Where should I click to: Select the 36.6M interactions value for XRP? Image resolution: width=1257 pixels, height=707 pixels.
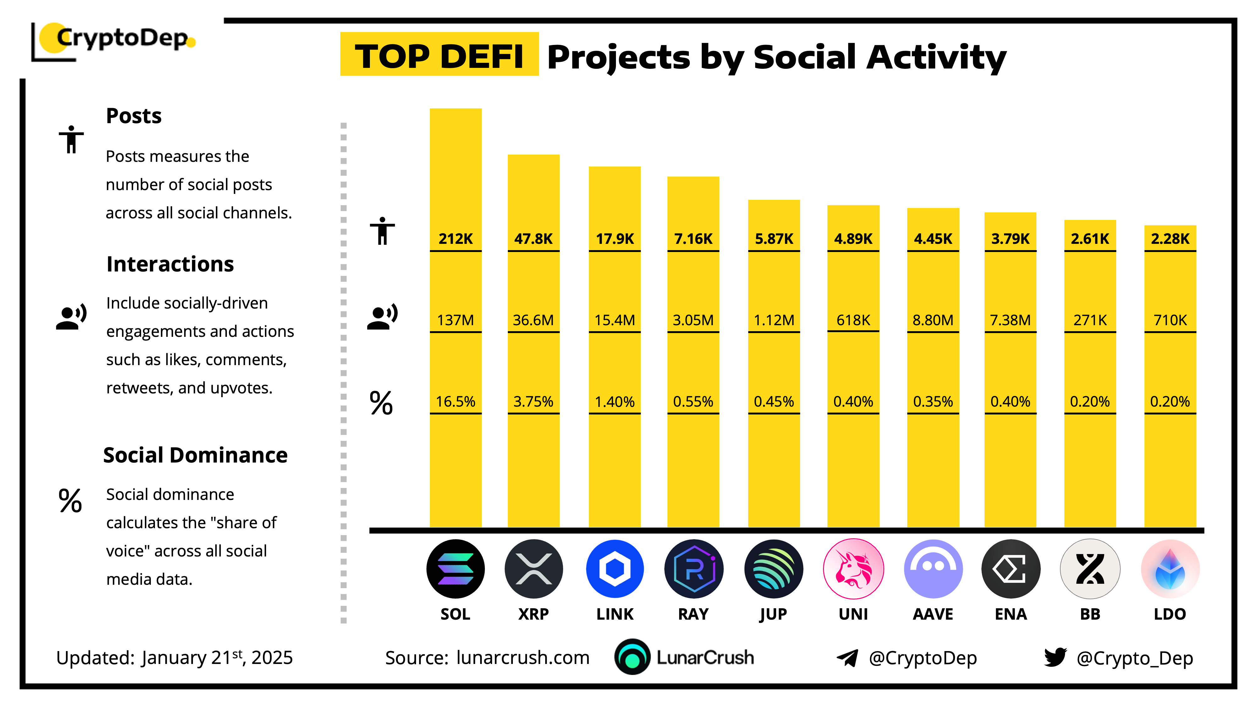533,320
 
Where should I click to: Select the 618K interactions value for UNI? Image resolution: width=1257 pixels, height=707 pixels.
853,320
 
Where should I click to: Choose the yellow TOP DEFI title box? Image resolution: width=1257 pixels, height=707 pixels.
439,55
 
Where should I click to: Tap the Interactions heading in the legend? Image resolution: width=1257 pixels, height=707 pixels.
170,264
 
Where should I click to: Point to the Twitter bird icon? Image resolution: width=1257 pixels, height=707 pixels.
1055,657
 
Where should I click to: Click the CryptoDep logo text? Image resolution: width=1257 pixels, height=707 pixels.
122,38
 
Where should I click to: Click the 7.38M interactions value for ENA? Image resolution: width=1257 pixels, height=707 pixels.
1010,320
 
